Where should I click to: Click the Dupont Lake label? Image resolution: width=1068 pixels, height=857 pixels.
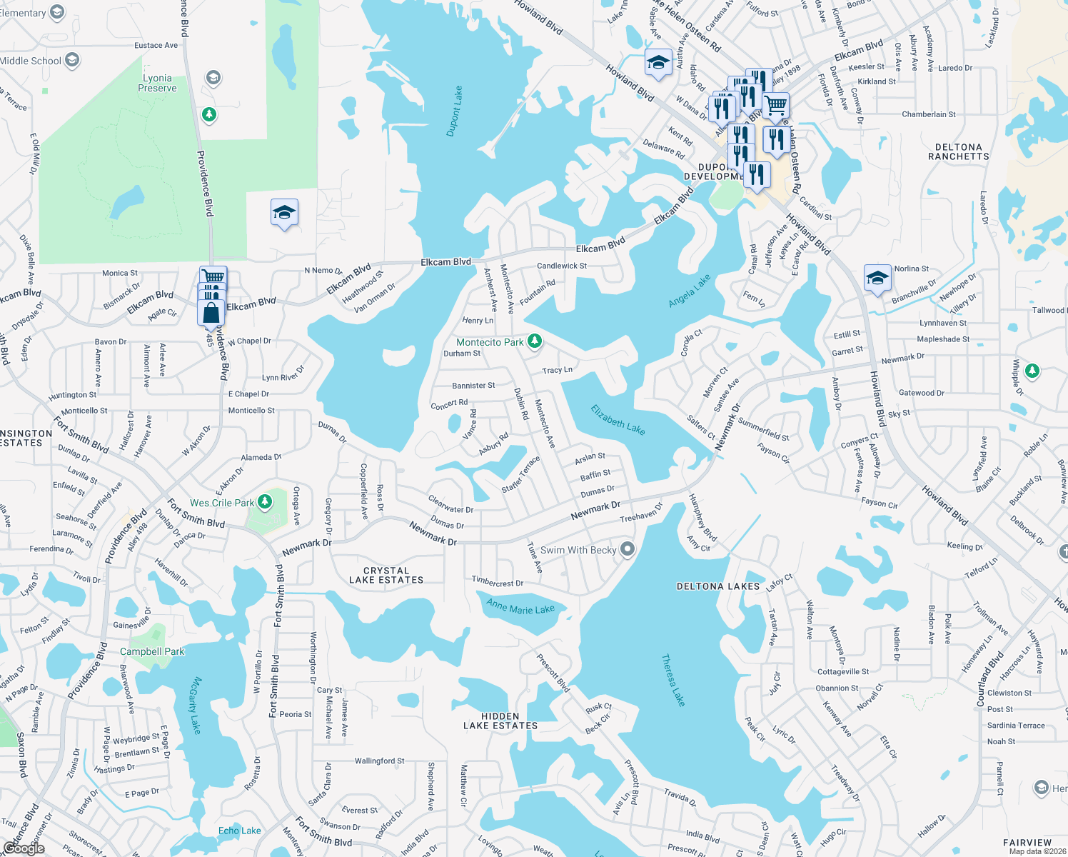coord(454,111)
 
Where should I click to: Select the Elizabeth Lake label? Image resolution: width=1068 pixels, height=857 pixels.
coord(618,419)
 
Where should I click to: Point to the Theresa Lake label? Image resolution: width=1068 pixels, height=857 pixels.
coord(672,680)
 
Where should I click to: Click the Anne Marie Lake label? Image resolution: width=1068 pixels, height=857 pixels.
coord(520,607)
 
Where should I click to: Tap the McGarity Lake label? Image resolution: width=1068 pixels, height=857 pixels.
coord(195,705)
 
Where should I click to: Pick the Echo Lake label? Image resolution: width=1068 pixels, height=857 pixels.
coord(240,831)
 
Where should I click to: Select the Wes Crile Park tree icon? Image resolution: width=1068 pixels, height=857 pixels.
coord(265,502)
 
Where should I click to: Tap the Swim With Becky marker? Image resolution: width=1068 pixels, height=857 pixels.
coord(628,549)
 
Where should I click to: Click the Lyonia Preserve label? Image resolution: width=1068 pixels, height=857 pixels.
coord(157,83)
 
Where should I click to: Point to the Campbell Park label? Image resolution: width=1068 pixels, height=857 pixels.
coord(152,651)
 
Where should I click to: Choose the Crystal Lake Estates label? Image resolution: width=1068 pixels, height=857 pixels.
coord(386,575)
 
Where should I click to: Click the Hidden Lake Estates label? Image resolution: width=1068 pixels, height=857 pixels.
coord(500,721)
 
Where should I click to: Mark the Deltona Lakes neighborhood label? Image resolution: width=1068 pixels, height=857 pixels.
coord(718,586)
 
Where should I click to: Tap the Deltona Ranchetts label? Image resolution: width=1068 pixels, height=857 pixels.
coord(959,151)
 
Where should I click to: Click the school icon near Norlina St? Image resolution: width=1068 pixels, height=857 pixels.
coord(877,278)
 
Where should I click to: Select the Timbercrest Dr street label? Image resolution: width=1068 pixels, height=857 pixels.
coord(498,582)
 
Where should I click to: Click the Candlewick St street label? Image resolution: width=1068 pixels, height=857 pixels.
coord(562,266)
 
